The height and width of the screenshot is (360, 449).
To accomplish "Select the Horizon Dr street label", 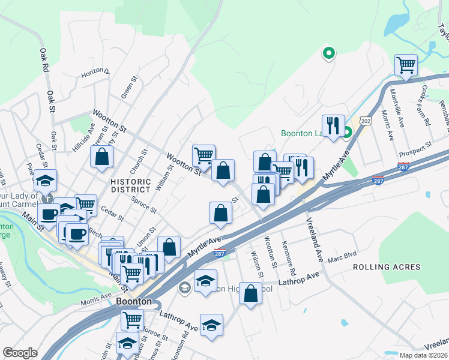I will tap(96, 74).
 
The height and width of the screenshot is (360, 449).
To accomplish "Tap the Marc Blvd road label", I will tap(342, 259).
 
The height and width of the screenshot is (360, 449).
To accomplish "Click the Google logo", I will tap(20, 352).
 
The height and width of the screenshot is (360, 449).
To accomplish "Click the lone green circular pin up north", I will tap(328, 54).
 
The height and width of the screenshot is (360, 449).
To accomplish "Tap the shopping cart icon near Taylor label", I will tap(406, 65).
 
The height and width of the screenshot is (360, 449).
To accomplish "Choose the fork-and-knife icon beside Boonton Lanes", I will tap(333, 125).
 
